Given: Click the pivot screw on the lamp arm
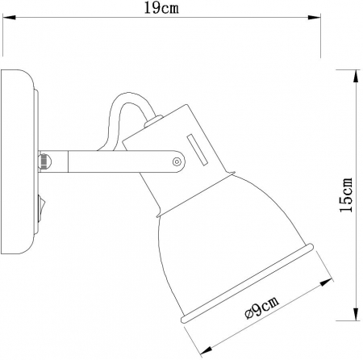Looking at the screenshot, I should click(176, 162).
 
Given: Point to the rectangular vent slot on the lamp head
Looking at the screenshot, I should click(196, 149).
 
